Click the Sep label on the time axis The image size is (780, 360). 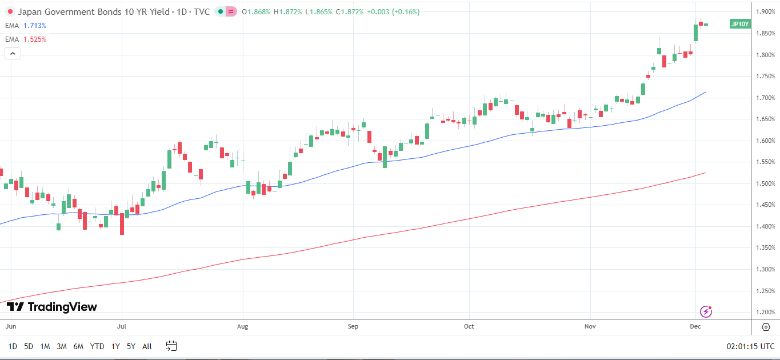[353, 327]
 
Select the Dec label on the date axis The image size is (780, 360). [695, 327]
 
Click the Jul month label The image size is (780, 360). [121, 327]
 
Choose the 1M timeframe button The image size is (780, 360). [45, 346]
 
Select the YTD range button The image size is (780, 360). [97, 346]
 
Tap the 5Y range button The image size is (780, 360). [131, 346]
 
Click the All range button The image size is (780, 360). [147, 346]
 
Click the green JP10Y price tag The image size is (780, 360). [740, 24]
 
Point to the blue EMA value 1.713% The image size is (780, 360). [35, 26]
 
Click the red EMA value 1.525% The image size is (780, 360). [35, 39]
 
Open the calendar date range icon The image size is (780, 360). [171, 346]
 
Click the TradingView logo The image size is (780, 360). [52, 307]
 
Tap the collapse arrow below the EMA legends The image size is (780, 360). [13, 54]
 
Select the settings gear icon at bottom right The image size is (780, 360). [766, 327]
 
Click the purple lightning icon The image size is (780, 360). [706, 311]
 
